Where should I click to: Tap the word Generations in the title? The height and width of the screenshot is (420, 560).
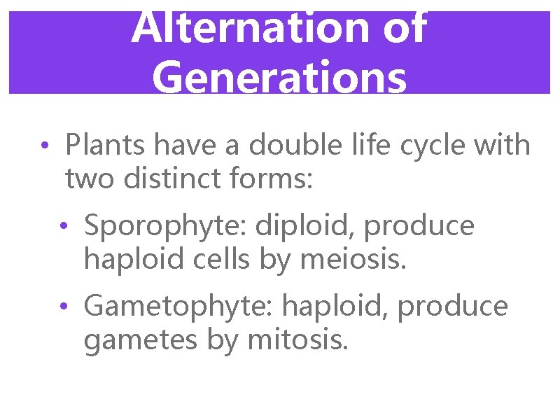[x=279, y=77]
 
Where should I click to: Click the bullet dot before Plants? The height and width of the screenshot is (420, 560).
[x=43, y=146]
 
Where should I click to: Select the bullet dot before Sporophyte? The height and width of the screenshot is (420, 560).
[x=63, y=227]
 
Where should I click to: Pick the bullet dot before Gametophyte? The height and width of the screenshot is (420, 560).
[x=63, y=307]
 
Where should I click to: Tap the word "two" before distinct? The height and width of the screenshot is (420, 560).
[x=90, y=178]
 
